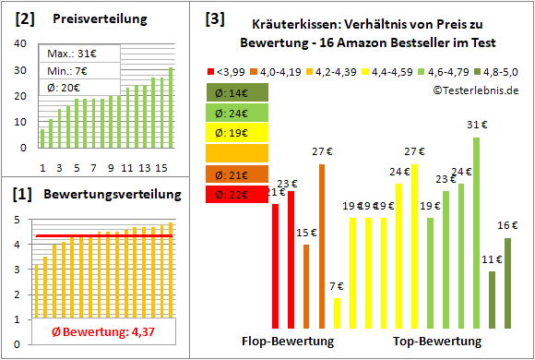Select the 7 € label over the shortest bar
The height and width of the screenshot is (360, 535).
pyautogui.click(x=337, y=286)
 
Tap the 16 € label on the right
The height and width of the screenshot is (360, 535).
pyautogui.click(x=507, y=225)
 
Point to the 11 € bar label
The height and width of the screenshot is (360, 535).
pyautogui.click(x=492, y=259)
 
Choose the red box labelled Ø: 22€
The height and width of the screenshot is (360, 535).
pyautogui.click(x=237, y=194)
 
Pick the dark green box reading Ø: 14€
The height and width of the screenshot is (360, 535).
pyautogui.click(x=237, y=92)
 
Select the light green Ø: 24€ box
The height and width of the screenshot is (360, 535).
pyautogui.click(x=237, y=113)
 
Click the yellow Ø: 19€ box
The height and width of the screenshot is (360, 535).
pyautogui.click(x=237, y=133)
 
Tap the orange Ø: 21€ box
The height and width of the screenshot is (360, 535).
pyautogui.click(x=237, y=174)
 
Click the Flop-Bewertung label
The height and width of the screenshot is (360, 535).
pyautogui.click(x=288, y=342)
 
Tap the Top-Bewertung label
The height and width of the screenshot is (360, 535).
pyautogui.click(x=437, y=342)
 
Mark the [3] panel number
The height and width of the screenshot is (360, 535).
pyautogui.click(x=214, y=18)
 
